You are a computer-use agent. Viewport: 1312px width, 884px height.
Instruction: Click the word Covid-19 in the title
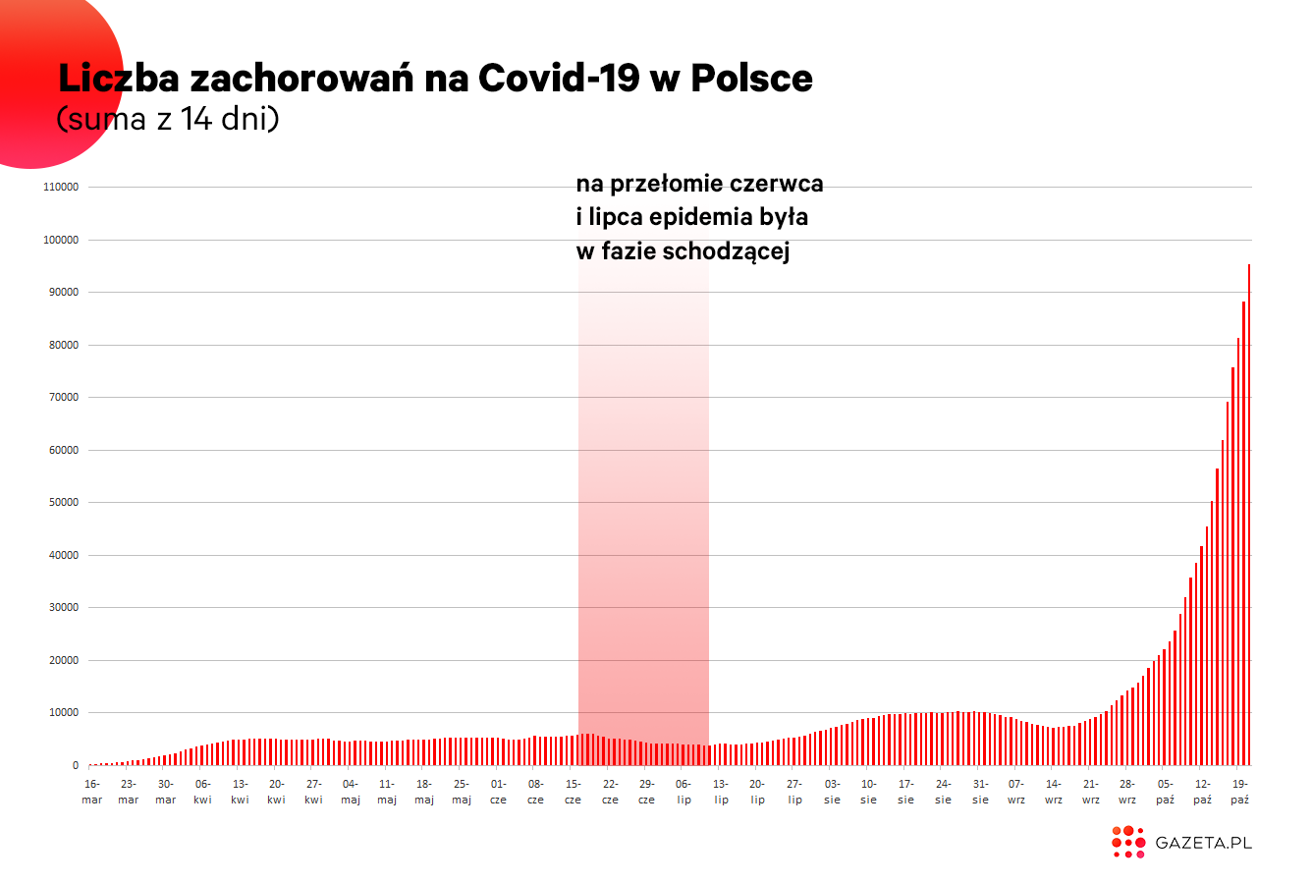[x=559, y=78]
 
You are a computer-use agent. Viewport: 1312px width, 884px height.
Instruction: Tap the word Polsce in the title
[x=752, y=78]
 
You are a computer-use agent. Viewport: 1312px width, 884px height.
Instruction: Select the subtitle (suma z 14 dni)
[x=168, y=119]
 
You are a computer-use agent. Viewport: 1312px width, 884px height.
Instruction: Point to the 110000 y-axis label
[x=61, y=187]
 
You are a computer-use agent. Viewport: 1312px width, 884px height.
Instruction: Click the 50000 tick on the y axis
[x=64, y=502]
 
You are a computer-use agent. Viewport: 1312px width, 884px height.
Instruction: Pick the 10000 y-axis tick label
[x=64, y=712]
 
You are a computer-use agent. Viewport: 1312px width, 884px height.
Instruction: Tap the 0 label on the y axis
[x=76, y=765]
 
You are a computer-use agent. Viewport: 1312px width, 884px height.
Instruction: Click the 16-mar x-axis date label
[x=92, y=792]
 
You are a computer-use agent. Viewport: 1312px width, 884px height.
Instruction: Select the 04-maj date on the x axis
[x=351, y=792]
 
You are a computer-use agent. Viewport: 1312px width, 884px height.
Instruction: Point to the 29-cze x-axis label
[x=646, y=792]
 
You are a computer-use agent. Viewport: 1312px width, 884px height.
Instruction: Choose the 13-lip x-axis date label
[x=721, y=792]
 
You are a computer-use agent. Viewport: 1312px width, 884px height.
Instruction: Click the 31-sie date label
[x=980, y=792]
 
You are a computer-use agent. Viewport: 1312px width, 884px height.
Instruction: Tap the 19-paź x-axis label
[x=1240, y=792]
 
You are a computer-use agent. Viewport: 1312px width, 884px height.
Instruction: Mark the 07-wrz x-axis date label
[x=1016, y=792]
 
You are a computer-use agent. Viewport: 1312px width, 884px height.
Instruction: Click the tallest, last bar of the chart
[x=1249, y=515]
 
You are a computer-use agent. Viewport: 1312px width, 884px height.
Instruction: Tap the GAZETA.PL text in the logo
[x=1203, y=843]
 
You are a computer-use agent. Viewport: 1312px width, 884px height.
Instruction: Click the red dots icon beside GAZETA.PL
[x=1128, y=843]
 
